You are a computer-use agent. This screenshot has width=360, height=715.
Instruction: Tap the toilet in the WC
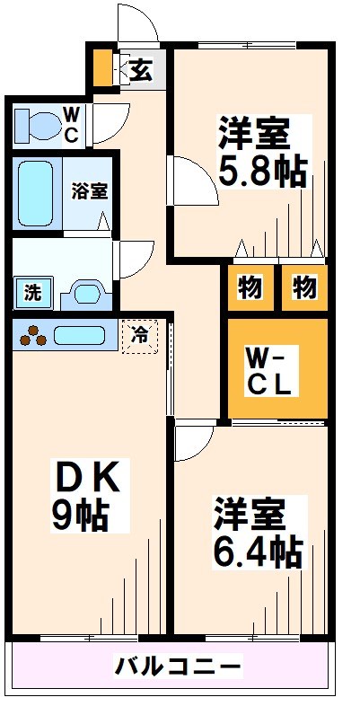(38, 125)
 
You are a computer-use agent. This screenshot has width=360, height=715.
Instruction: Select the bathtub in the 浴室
(36, 193)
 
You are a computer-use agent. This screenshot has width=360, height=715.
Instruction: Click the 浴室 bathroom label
(90, 191)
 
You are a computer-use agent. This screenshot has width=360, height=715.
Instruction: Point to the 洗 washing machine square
(33, 293)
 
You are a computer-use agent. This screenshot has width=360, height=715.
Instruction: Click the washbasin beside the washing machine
(86, 295)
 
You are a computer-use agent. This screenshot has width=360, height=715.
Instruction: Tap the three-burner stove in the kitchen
(33, 335)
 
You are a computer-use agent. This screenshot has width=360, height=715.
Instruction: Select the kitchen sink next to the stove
(80, 335)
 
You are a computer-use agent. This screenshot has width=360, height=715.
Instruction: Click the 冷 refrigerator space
(139, 337)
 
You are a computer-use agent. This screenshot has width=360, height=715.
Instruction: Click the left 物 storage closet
(250, 288)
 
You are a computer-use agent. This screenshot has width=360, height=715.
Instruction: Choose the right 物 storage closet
(304, 288)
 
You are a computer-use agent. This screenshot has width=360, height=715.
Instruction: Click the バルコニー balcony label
(177, 667)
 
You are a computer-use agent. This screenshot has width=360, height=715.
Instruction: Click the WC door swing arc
(111, 123)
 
